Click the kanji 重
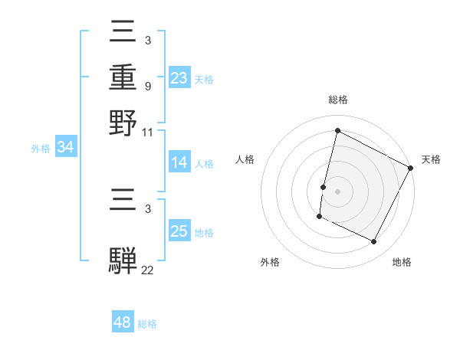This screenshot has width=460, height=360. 123,77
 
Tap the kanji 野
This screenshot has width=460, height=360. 123,123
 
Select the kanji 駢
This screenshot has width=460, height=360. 123,258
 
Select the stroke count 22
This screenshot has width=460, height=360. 148,269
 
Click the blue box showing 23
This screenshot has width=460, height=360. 179,77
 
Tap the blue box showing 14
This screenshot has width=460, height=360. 179,162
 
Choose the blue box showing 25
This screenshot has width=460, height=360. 179,231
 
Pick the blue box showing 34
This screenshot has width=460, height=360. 65,147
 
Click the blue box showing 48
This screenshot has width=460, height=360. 123,322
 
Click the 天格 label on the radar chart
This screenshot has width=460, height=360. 431,159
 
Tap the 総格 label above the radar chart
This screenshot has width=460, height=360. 337,100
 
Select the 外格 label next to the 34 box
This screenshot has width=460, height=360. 41,149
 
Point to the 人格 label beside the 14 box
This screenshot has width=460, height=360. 204,164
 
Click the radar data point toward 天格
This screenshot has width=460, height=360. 411,167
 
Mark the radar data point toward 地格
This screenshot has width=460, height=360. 374,242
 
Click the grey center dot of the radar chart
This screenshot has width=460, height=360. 337,191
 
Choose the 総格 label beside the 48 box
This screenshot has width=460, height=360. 147,324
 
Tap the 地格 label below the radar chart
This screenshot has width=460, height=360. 402,262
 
